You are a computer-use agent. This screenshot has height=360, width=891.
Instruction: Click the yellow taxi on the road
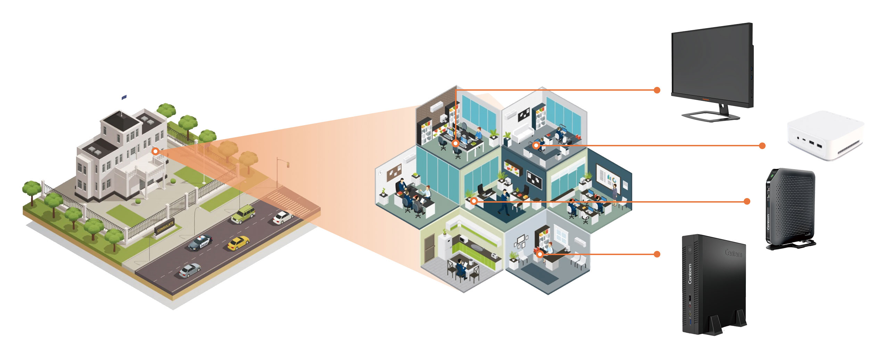(x=238, y=243)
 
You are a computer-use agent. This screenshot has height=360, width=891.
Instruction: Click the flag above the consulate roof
(x=124, y=97)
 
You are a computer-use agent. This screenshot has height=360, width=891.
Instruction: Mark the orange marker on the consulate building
(x=155, y=152)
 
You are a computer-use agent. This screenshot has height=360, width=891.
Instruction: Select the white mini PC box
(x=825, y=136)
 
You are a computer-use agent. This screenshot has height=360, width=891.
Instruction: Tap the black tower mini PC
(x=714, y=285)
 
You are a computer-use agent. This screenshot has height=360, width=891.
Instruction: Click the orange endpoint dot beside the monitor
(x=657, y=90)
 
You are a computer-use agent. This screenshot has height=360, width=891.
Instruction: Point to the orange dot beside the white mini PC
(x=762, y=146)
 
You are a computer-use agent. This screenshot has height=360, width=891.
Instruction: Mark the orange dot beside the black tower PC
(x=657, y=254)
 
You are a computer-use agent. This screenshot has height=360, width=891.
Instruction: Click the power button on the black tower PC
(x=690, y=249)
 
